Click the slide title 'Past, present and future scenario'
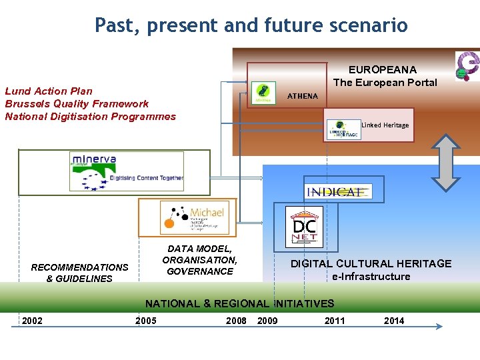tap(251, 25)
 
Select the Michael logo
tap(194, 217)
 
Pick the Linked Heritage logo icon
tap(344, 129)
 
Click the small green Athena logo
tap(264, 93)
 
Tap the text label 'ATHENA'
tap(302, 96)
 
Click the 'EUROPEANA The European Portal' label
tap(385, 76)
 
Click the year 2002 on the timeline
tap(32, 321)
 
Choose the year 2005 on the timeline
tap(145, 321)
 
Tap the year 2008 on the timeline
tap(236, 321)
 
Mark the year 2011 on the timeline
tap(335, 321)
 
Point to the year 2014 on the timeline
tap(394, 321)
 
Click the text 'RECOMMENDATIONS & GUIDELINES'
tap(79, 273)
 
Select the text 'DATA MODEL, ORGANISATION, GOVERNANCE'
tap(199, 260)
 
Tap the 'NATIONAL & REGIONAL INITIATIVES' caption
tap(239, 303)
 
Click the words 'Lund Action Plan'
tap(49, 91)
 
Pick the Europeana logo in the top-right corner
tap(467, 66)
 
